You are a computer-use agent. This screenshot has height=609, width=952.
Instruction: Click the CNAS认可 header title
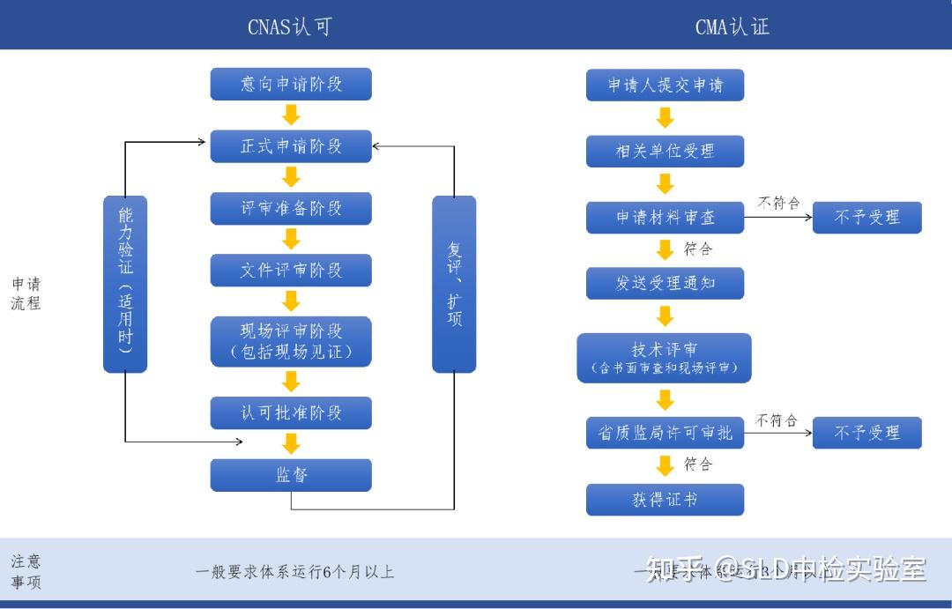click(x=289, y=27)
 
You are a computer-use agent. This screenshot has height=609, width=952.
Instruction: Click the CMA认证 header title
click(x=732, y=27)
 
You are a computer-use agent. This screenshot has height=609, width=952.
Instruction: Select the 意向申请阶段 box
click(x=291, y=85)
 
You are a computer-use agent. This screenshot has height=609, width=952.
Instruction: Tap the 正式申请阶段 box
click(x=291, y=146)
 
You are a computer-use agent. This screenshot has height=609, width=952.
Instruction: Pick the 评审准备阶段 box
click(x=291, y=209)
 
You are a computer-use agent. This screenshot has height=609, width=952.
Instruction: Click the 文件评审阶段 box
click(x=291, y=271)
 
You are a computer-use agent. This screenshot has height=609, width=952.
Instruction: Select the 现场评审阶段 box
click(x=291, y=342)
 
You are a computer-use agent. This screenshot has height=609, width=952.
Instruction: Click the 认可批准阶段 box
click(x=291, y=412)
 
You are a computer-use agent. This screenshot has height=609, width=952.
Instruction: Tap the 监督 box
click(x=291, y=475)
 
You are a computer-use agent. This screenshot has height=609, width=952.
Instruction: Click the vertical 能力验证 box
click(x=125, y=284)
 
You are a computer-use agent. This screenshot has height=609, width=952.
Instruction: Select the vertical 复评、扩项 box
click(x=454, y=284)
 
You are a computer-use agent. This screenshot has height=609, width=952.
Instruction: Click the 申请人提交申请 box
click(x=665, y=85)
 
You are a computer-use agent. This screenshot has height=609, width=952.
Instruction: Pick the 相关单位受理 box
click(x=665, y=151)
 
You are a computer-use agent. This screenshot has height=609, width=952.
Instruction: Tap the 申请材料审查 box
click(x=665, y=218)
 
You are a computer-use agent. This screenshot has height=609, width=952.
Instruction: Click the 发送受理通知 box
click(x=665, y=284)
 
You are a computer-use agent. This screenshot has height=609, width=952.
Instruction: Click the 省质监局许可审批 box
click(x=665, y=433)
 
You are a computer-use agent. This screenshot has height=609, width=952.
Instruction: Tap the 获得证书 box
click(x=665, y=500)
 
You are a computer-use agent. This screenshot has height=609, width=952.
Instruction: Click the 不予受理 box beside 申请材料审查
click(x=866, y=217)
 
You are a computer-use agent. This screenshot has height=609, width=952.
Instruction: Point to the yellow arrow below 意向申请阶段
click(x=291, y=115)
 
